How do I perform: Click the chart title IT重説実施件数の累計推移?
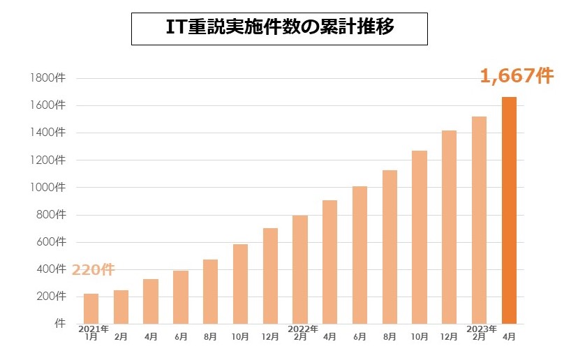(x=279, y=27)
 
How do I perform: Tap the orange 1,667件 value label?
(x=517, y=76)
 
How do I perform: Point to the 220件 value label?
(x=92, y=269)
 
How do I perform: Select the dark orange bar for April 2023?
(x=510, y=210)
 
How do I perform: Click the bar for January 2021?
(x=91, y=308)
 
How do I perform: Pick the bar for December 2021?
(x=270, y=276)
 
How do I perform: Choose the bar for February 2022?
(x=300, y=269)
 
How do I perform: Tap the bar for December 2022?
(x=450, y=227)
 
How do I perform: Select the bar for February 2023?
(x=479, y=220)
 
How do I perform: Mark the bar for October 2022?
(x=420, y=237)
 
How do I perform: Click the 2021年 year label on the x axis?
(x=94, y=329)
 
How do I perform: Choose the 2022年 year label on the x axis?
(x=303, y=329)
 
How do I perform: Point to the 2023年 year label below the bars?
(x=482, y=329)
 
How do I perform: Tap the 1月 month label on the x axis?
(x=91, y=337)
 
